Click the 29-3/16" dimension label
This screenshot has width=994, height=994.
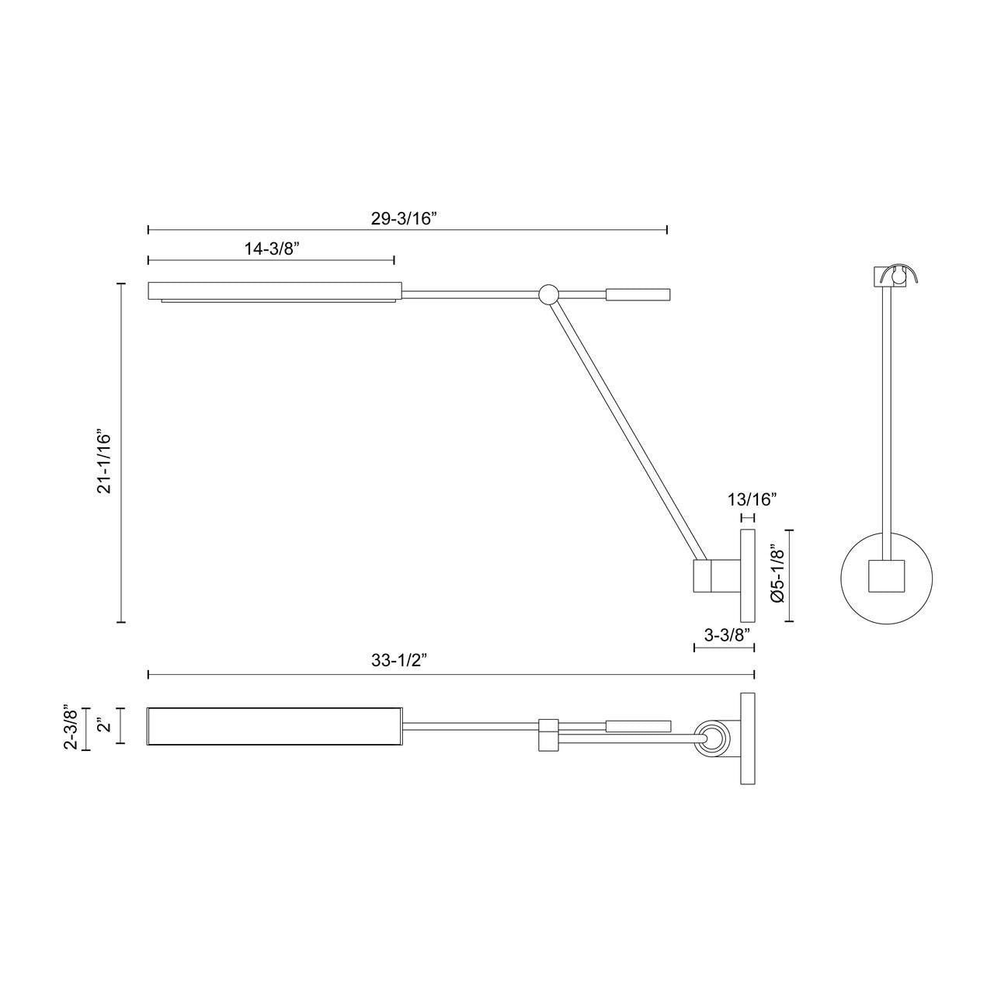405,218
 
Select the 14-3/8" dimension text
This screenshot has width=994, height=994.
272,248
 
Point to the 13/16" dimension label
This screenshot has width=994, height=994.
752,499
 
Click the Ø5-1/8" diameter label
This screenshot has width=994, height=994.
778,575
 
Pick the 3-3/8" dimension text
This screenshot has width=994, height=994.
727,634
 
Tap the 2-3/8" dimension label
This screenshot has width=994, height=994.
71,728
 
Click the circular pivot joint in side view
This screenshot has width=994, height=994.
548,294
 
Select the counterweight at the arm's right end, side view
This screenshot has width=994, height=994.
638,294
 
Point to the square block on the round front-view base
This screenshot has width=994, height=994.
887,578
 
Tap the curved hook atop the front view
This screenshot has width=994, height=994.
905,273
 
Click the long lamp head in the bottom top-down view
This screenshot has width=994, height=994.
274,727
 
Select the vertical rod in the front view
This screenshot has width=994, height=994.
887,419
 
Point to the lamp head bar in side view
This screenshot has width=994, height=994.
274,290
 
